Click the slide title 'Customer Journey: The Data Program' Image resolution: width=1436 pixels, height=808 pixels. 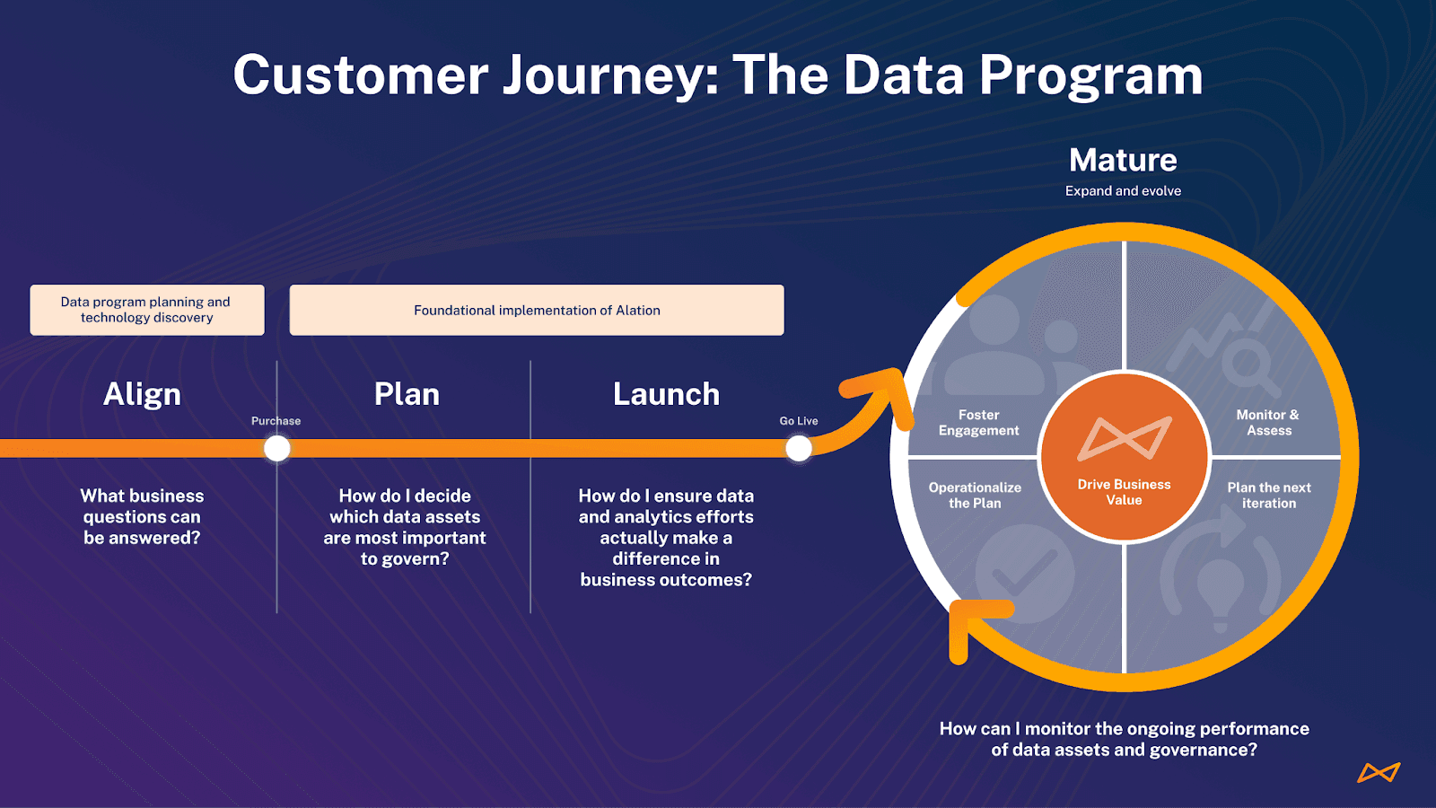click(718, 75)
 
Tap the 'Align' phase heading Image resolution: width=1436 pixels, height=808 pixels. click(142, 394)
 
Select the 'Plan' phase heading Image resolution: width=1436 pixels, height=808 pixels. click(407, 394)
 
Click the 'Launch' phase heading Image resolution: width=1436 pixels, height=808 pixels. click(666, 394)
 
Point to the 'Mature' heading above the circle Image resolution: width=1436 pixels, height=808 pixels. click(1123, 160)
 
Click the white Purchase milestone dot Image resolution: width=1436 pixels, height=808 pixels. click(277, 448)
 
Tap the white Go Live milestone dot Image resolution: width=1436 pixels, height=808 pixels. click(799, 448)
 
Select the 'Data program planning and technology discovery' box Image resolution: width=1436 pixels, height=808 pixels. click(147, 310)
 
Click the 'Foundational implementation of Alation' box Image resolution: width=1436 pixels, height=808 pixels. click(537, 310)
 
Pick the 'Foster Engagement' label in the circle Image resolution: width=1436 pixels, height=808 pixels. click(978, 423)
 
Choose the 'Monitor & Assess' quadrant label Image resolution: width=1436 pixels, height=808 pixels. click(1268, 423)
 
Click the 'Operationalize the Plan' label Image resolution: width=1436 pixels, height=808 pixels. click(975, 496)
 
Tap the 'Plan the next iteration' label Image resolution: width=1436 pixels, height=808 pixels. click(1269, 496)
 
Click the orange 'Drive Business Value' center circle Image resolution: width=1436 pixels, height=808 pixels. click(1124, 457)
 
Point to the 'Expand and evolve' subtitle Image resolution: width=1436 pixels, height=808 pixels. click(1123, 191)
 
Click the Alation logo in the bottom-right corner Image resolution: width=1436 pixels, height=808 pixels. click(1379, 772)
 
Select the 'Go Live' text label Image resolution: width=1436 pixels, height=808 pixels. click(799, 421)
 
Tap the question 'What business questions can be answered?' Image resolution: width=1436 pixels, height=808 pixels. click(142, 517)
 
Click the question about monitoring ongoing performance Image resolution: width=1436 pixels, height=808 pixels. click(1124, 739)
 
